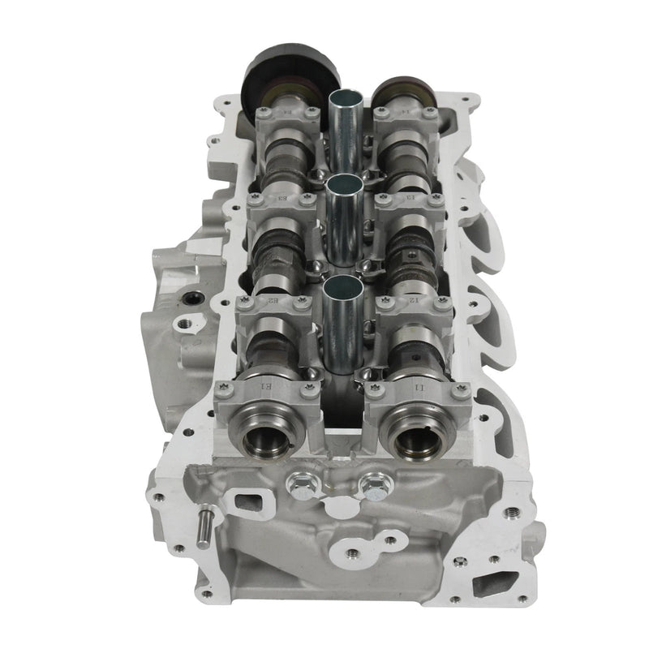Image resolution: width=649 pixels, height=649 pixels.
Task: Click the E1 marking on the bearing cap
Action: [263, 385]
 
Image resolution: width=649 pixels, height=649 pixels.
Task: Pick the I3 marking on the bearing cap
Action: [410, 197]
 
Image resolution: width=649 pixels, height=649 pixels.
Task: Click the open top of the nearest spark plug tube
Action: [342, 286]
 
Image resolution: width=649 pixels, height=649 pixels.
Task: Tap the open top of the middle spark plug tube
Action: [344, 184]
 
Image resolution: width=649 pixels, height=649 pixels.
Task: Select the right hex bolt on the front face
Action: [374, 488]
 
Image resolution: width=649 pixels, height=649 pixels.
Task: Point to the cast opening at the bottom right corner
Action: [496, 581]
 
